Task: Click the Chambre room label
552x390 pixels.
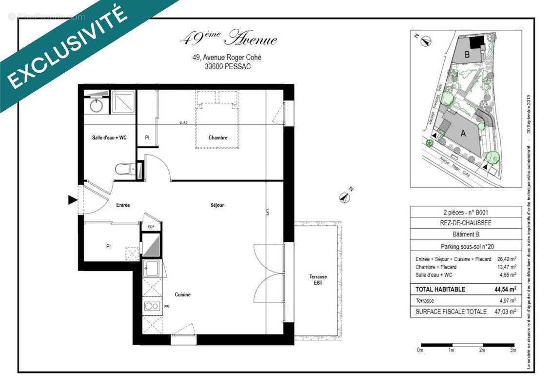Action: point(217,138)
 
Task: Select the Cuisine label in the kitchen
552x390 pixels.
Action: point(182,295)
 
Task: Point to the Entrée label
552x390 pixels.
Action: point(123,206)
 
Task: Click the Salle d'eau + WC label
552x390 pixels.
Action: point(109,138)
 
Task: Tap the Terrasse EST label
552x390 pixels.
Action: point(318,280)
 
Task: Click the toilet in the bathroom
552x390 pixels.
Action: point(124,169)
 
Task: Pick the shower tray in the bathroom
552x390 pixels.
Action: point(124,102)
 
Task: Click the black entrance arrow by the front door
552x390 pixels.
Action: point(73,199)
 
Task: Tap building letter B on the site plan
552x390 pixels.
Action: point(467,55)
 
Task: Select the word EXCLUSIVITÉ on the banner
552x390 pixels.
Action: point(68,51)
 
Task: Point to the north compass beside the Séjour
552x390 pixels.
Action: point(345,197)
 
